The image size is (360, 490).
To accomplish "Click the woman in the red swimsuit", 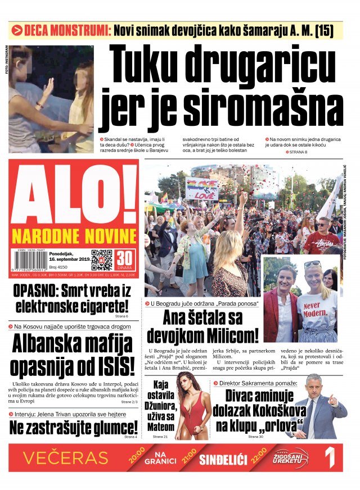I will click(x=190, y=406).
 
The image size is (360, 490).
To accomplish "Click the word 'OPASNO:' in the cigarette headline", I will click(x=36, y=291).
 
